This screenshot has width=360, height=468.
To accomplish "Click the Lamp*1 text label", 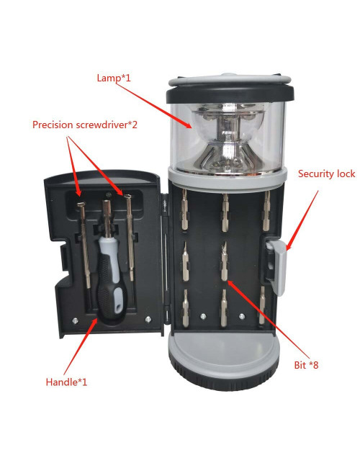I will (114, 76).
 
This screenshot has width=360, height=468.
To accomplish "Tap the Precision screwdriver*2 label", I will (84, 125).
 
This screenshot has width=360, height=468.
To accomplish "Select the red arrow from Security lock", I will (302, 216).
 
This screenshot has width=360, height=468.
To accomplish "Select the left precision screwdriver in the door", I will (81, 245).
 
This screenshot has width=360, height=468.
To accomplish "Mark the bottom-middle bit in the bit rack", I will (224, 306).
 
